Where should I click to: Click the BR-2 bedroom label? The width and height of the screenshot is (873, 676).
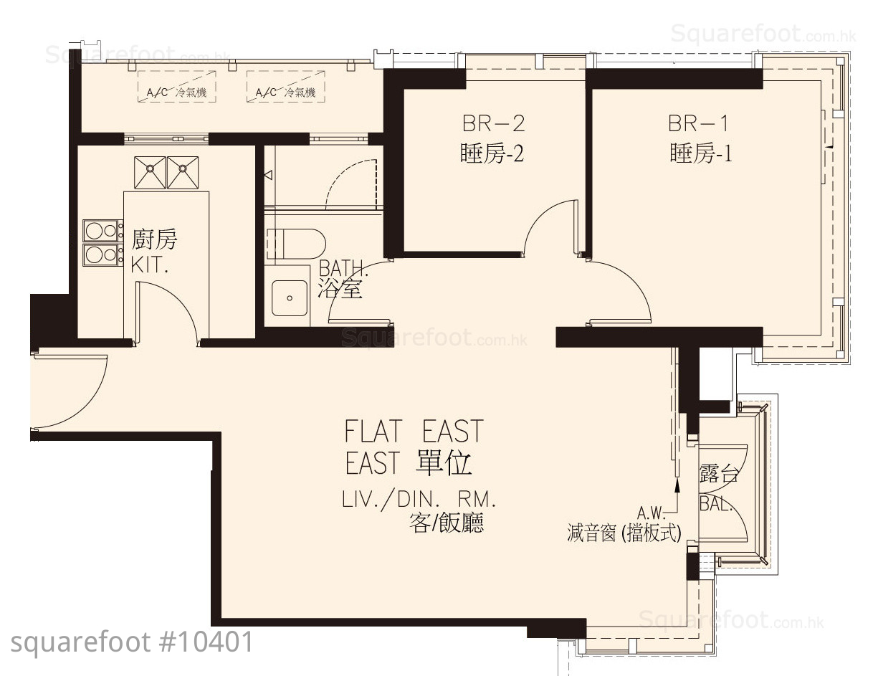(493, 123)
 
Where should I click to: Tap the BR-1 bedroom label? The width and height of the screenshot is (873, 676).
(698, 123)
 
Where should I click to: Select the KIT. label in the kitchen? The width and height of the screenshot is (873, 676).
(149, 265)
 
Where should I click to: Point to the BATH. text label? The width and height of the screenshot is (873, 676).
(343, 268)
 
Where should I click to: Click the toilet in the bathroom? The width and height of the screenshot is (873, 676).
(296, 244)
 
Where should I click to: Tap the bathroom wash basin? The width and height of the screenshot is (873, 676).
(290, 297)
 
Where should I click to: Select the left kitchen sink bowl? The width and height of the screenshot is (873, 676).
(150, 172)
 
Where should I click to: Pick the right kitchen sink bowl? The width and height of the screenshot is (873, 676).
(183, 172)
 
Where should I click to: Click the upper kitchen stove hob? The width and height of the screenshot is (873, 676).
(103, 231)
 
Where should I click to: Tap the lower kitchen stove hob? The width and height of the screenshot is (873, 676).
(103, 254)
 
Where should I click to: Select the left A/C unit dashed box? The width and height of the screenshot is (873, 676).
(177, 86)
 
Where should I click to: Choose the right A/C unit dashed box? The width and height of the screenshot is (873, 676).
(286, 86)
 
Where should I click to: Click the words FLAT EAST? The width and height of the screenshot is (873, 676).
(414, 431)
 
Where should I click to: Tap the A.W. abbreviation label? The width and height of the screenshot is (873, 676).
(651, 513)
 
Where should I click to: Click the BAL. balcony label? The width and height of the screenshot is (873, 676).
(716, 504)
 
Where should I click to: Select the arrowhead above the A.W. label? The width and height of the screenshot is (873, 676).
(677, 486)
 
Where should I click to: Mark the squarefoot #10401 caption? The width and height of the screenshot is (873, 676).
(132, 642)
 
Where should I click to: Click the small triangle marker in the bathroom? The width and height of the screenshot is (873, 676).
(268, 175)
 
